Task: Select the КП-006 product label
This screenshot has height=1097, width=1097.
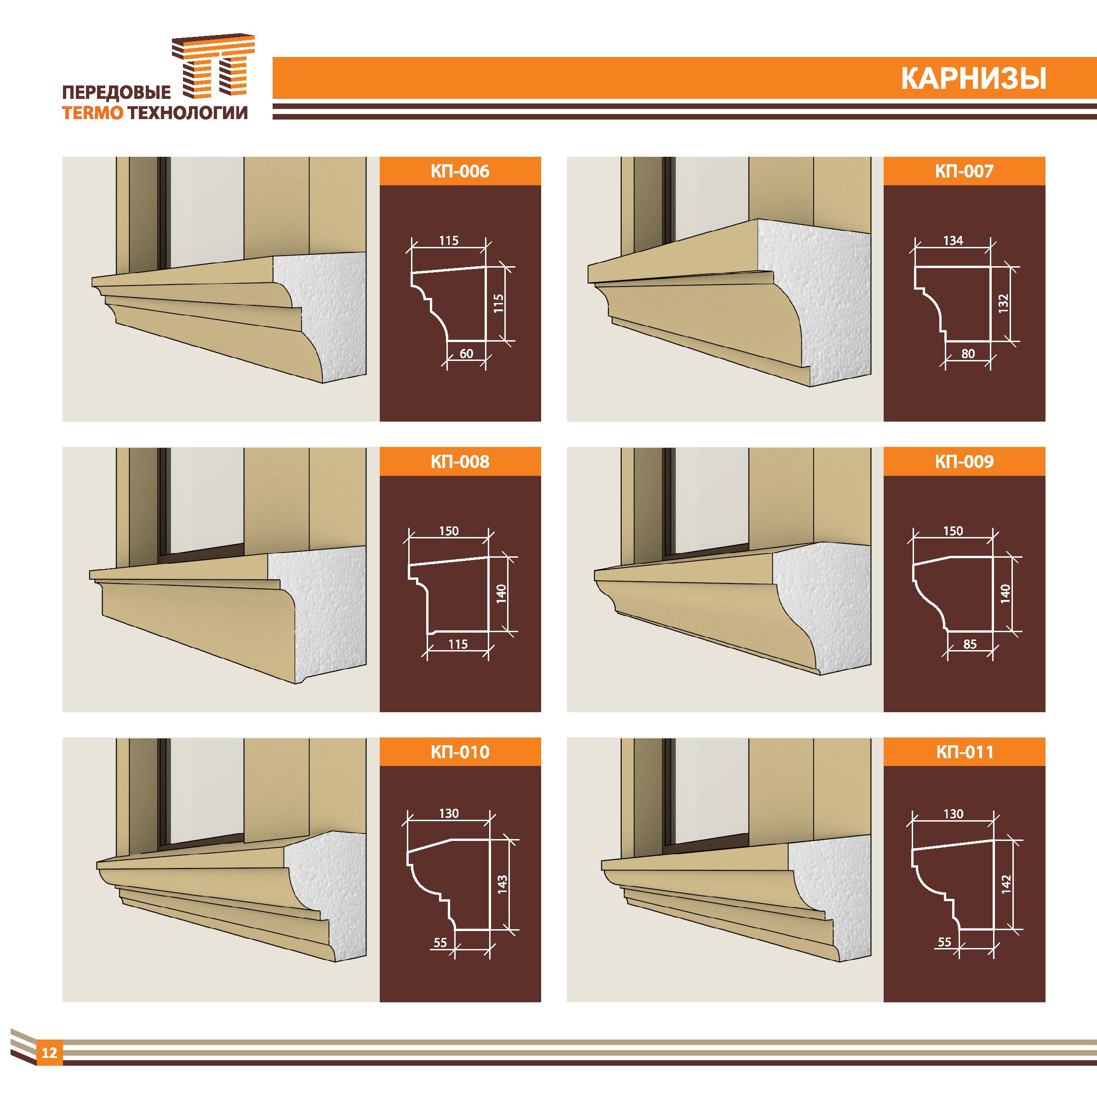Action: pyautogui.click(x=460, y=171)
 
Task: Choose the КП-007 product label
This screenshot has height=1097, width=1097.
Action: pyautogui.click(x=964, y=171)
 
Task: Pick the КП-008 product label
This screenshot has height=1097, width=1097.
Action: pyautogui.click(x=460, y=462)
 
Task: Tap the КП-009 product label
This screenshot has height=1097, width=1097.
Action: pyautogui.click(x=964, y=462)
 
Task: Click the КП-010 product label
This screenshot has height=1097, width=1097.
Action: pyautogui.click(x=460, y=752)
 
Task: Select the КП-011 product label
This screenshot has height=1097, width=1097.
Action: pyautogui.click(x=964, y=752)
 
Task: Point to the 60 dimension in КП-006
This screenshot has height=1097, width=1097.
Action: pyautogui.click(x=466, y=354)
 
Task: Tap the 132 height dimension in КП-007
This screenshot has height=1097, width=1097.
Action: pyautogui.click(x=1003, y=304)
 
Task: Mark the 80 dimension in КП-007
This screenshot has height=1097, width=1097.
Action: pyautogui.click(x=968, y=354)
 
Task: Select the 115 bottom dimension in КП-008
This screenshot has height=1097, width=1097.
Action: pyautogui.click(x=457, y=644)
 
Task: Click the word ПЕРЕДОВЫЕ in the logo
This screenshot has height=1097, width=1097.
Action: pyautogui.click(x=116, y=92)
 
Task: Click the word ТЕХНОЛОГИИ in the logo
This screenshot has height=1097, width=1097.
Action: pyautogui.click(x=188, y=114)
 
